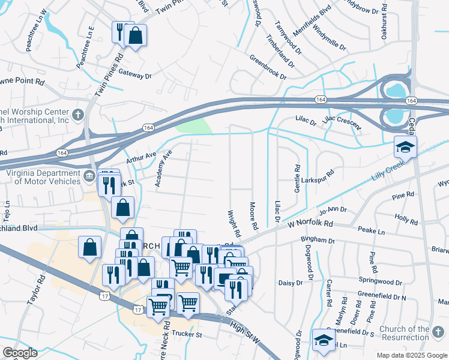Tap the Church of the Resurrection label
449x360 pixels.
[413, 334]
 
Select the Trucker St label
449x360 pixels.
[187, 333]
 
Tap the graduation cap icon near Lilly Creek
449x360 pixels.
[405, 146]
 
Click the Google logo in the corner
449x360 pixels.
[19, 353]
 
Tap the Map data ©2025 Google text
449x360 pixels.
[411, 355]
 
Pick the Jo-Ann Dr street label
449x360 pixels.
[334, 211]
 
